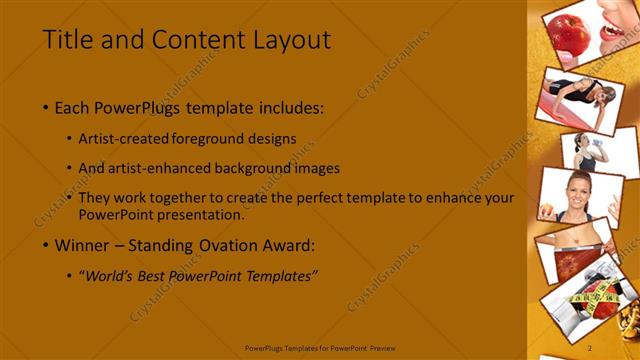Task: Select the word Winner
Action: [84, 244]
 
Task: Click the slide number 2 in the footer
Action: [590, 347]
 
